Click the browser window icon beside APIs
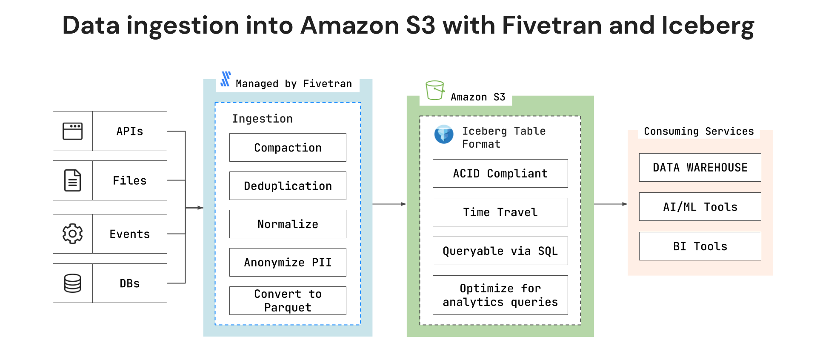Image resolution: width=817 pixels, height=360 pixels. click(x=72, y=131)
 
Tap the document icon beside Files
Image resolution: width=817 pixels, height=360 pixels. click(x=72, y=180)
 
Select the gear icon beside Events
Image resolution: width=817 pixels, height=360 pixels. click(x=72, y=234)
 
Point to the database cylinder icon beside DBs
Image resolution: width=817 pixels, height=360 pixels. click(x=72, y=283)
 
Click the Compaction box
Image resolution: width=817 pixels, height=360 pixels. click(x=288, y=148)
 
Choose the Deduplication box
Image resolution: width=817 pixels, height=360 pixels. click(x=288, y=186)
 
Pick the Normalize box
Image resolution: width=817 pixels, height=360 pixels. click(x=288, y=224)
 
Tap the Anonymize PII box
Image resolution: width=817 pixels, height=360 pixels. click(x=288, y=263)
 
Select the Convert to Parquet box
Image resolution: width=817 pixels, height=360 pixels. click(x=288, y=301)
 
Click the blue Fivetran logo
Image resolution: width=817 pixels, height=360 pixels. click(x=226, y=79)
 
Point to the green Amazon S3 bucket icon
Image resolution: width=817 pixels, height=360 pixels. click(x=435, y=90)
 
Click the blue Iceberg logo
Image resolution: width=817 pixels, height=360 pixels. click(x=444, y=134)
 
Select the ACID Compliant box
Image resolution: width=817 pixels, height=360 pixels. click(x=500, y=174)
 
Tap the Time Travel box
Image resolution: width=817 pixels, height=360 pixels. click(x=500, y=212)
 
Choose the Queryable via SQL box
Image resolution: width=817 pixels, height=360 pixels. click(x=500, y=251)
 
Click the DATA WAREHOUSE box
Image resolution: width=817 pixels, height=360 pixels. click(x=700, y=168)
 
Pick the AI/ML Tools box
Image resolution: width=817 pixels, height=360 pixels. click(x=700, y=207)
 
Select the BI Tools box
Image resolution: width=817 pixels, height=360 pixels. click(x=700, y=246)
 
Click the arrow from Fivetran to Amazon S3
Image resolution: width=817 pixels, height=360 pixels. click(x=389, y=204)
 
